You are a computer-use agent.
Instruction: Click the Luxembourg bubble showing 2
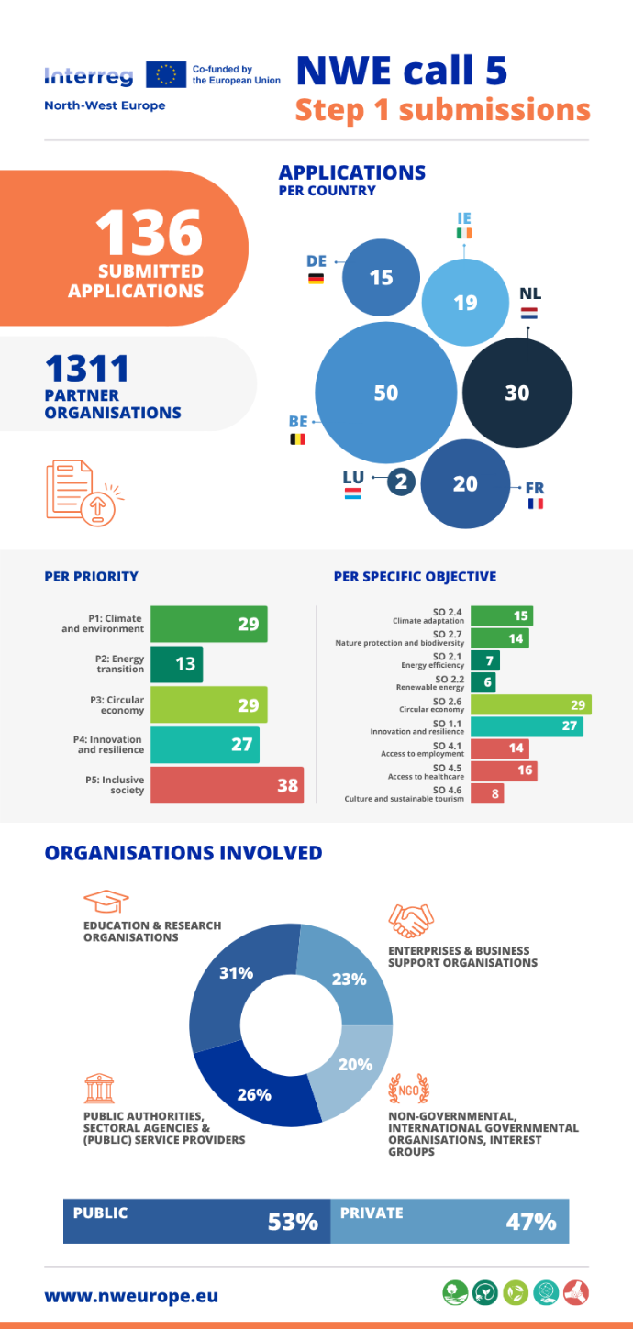coord(401,482)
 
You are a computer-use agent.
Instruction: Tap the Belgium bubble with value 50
coord(385,393)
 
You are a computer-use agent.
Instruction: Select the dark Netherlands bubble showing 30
coord(517,393)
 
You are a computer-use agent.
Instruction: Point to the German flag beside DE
coord(316,278)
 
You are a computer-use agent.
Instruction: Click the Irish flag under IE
coord(464,233)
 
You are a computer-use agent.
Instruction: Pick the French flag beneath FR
coord(536,504)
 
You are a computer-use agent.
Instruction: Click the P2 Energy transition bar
coord(177,664)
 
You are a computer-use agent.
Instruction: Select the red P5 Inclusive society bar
coord(228,785)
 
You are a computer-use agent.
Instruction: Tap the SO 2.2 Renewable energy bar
coord(483,682)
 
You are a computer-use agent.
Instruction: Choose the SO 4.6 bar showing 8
coord(488,793)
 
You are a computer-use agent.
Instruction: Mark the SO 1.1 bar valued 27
coord(527,726)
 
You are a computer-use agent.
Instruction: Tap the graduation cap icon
coord(106,902)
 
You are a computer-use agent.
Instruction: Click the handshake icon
coord(411,920)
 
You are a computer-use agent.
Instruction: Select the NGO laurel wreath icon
coord(409,1090)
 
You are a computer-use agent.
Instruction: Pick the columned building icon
coord(99,1088)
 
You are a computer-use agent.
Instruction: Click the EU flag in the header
coord(166,75)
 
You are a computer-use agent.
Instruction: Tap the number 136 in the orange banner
coord(150,233)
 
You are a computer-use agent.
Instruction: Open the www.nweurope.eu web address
coord(131,1296)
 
